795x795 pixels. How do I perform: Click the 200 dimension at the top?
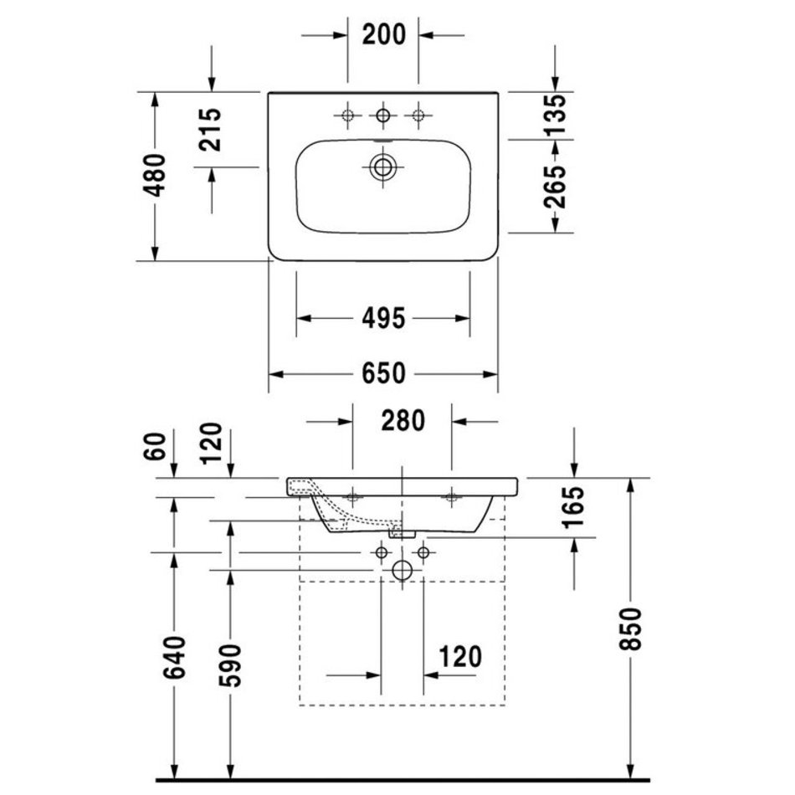[384, 34]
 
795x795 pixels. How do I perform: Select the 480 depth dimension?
[155, 175]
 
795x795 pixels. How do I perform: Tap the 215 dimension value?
[210, 130]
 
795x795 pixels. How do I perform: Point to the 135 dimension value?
[555, 115]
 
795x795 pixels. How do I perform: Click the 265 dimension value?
[555, 187]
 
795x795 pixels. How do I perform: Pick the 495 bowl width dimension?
[384, 318]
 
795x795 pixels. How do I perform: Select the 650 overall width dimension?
[384, 374]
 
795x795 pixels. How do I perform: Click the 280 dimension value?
[403, 421]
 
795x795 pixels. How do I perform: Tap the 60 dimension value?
[155, 446]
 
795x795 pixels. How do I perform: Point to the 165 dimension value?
[573, 507]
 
